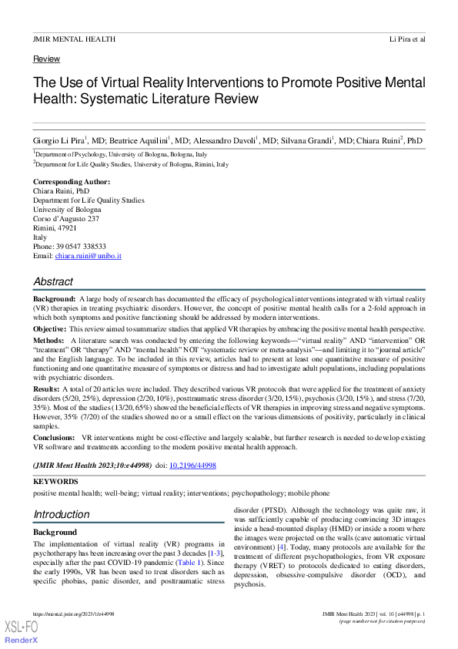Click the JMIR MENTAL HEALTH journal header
tap(75, 39)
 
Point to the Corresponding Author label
tap(72, 182)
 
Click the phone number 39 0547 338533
tap(81, 247)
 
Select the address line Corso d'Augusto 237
tap(66, 219)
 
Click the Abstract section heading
tap(54, 282)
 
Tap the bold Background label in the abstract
tap(54, 298)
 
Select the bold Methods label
tap(48, 340)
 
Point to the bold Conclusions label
tap(55, 437)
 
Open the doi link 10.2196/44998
tap(193, 466)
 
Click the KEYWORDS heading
tap(55, 481)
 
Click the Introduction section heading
tap(62, 514)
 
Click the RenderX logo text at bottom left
tap(21, 641)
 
